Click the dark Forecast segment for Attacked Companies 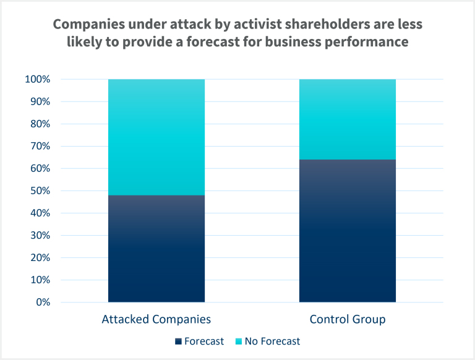[156, 249]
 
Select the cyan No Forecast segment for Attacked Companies [156, 137]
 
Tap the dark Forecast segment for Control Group [347, 231]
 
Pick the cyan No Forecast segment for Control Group [347, 119]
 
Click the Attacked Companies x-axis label [156, 320]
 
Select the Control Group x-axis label [347, 320]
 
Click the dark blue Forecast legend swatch [179, 341]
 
